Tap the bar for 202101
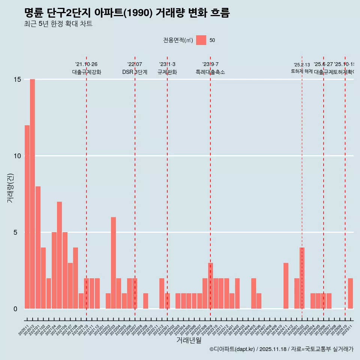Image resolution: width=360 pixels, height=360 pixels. click(x=38, y=247)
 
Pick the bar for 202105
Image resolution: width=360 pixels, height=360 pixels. click(x=60, y=255)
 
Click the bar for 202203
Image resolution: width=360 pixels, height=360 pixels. click(x=113, y=262)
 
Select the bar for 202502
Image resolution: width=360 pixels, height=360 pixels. click(x=302, y=278)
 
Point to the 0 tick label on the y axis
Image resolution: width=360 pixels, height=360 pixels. click(x=15, y=309)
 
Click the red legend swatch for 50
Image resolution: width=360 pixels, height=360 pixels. click(x=201, y=40)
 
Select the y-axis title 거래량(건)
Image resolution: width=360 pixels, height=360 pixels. click(x=10, y=188)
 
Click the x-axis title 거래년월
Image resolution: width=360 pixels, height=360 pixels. click(x=189, y=340)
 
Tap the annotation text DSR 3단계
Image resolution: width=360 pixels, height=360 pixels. click(x=135, y=72)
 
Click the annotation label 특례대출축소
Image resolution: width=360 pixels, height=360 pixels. click(x=210, y=72)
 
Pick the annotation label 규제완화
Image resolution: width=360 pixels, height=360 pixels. click(x=167, y=72)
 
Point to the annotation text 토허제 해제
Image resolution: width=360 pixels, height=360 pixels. click(x=302, y=71)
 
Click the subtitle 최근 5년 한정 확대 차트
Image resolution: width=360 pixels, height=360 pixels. click(x=58, y=24)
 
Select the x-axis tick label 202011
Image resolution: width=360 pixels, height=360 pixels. click(x=23, y=330)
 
